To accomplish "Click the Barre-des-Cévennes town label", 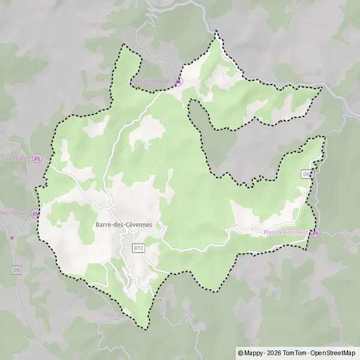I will click(124, 225).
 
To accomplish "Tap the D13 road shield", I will click(139, 247).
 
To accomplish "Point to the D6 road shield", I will click(307, 174).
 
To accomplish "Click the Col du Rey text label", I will click(17, 158).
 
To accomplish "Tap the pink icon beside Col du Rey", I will click(37, 158).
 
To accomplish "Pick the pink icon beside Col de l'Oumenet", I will click(178, 81).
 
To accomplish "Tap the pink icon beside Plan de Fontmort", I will click(316, 233).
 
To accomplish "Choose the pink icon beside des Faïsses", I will click(37, 213).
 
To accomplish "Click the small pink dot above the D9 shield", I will click(11, 238).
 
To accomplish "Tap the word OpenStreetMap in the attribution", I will click(333, 353).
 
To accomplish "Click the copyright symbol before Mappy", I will click(241, 353).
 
